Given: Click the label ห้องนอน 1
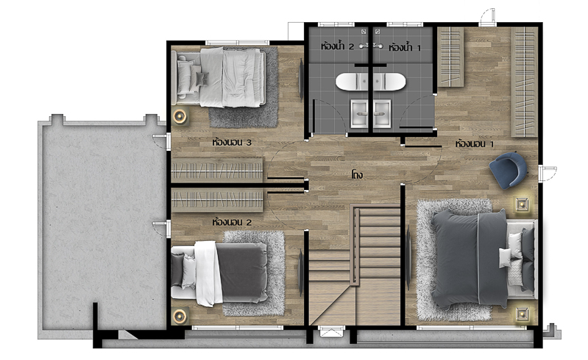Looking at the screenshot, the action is click(x=475, y=144).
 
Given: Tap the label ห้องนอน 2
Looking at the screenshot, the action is click(x=231, y=222).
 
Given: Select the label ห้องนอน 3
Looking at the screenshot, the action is click(x=231, y=142).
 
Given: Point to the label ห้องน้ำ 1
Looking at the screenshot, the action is click(x=405, y=47).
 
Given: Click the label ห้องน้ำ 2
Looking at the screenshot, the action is click(x=337, y=46).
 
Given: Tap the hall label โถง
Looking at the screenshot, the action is click(x=357, y=174).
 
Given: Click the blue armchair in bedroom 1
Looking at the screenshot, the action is click(x=508, y=170).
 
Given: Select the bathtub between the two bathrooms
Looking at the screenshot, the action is click(x=370, y=82).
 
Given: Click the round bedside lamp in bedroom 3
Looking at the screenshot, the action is click(x=180, y=116).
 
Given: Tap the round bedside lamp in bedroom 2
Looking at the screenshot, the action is click(x=180, y=316).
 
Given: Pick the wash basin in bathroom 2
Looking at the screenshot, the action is click(x=360, y=113).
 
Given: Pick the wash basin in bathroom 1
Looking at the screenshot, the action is click(x=382, y=113).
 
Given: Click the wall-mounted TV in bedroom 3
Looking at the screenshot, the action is click(x=301, y=80).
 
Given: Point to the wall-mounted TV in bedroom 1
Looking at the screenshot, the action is click(x=408, y=257).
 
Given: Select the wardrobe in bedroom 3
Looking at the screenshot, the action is click(x=217, y=170).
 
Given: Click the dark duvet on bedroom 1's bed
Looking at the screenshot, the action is click(x=470, y=258).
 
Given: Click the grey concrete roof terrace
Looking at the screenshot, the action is click(x=102, y=225).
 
